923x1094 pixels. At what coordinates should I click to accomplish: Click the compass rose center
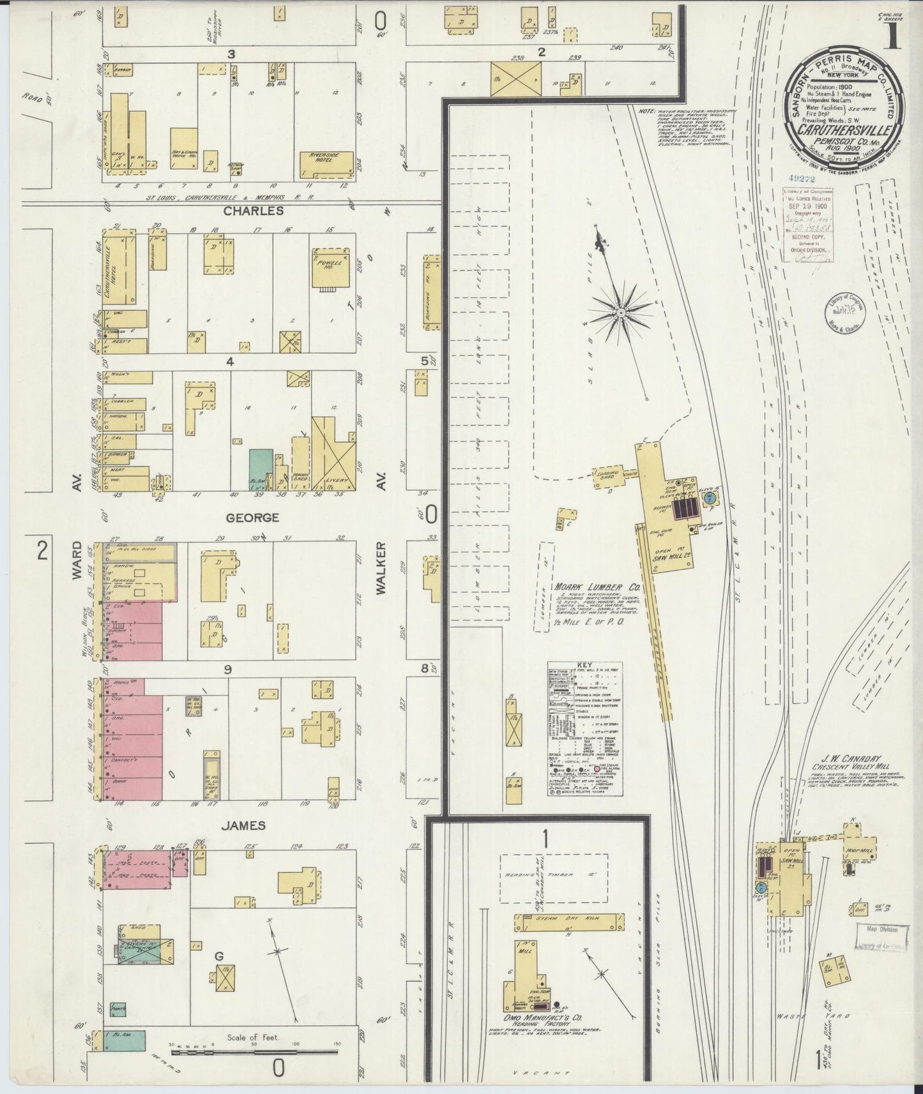(x=620, y=312)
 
